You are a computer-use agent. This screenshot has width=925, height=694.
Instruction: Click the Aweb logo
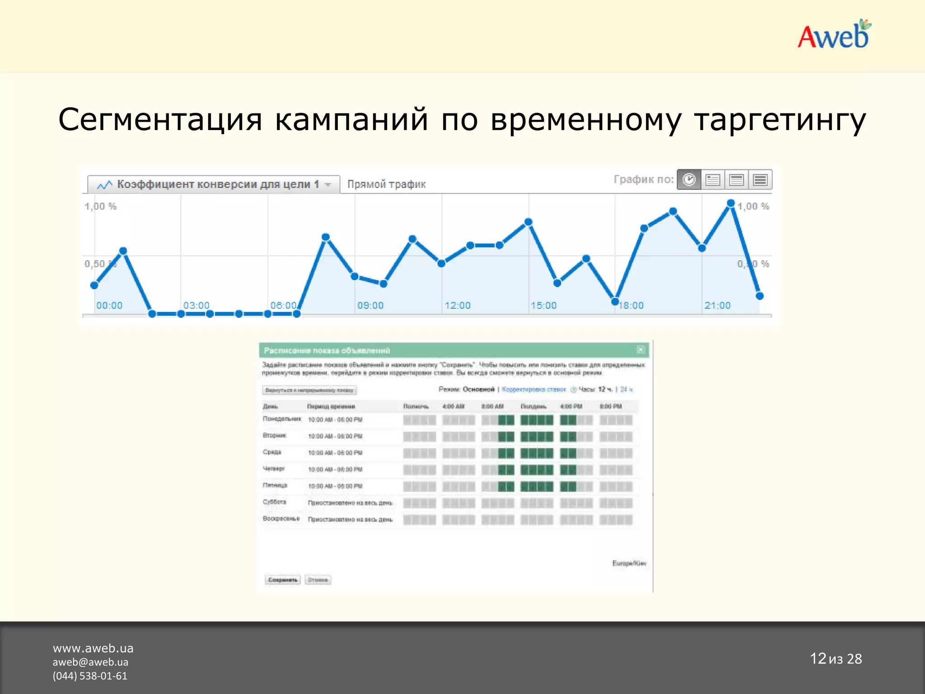(834, 35)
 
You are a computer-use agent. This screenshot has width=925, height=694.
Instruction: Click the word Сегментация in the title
(160, 120)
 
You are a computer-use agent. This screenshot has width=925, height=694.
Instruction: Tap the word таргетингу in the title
(780, 121)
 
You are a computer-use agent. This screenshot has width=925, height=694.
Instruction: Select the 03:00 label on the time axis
(196, 305)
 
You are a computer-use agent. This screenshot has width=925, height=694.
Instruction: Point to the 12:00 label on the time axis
(458, 305)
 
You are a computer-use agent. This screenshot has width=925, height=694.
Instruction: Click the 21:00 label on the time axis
(717, 305)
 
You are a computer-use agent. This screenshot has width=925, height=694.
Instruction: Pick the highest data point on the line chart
(731, 203)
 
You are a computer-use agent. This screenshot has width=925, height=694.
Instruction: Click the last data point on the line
(760, 296)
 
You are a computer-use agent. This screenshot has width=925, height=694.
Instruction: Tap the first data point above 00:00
(94, 285)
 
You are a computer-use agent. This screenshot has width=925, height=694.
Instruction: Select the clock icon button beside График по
(689, 180)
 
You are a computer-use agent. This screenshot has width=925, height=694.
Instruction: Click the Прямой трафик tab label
(387, 184)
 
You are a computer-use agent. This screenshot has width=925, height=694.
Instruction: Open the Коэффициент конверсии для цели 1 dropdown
(214, 184)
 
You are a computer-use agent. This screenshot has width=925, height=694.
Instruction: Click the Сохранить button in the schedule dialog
(283, 580)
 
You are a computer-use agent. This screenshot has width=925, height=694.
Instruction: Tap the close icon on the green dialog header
(640, 350)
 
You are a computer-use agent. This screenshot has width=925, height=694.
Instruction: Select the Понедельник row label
(282, 419)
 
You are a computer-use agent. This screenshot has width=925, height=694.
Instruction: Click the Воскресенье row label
(281, 519)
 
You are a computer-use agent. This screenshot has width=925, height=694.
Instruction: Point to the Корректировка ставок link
(534, 389)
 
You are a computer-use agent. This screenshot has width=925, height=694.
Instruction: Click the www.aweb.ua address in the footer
(93, 648)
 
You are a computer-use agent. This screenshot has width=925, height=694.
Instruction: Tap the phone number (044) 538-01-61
(90, 676)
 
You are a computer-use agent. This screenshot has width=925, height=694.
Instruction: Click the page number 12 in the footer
(818, 659)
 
